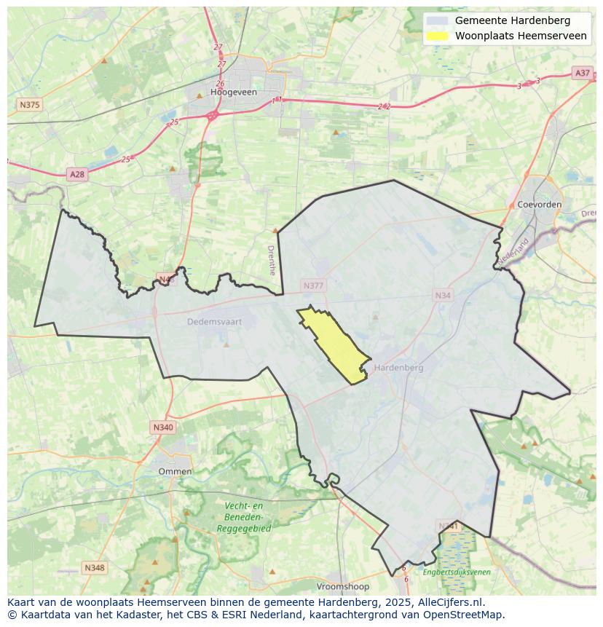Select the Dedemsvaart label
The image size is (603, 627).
213,321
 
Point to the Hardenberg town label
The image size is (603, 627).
398,368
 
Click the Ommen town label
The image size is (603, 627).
175,471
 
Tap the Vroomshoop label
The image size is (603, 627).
343,586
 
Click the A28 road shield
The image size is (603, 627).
76,174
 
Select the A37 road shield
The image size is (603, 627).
582,73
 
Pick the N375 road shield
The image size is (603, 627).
29,105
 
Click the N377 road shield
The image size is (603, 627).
313,286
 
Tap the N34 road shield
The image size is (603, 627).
443,295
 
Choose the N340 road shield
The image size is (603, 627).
163,427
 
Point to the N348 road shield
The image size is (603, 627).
94,567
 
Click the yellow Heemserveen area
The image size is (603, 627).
335,346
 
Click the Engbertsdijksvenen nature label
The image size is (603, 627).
457,572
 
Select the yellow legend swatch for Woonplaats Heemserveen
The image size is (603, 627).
437,36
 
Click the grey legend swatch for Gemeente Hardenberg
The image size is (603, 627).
437,20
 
